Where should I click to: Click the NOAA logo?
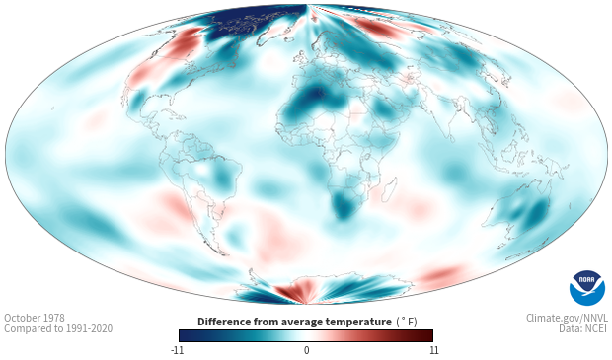click(x=587, y=288)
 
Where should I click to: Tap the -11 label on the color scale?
click(x=177, y=350)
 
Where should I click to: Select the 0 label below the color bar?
click(x=306, y=350)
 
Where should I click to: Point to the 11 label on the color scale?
click(x=433, y=350)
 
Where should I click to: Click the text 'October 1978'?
click(x=35, y=318)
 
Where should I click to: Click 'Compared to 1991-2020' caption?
click(x=58, y=328)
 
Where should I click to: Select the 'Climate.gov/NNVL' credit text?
click(x=567, y=318)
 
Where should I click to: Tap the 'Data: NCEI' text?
click(x=583, y=328)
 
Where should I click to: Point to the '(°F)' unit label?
click(x=407, y=323)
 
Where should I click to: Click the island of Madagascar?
click(x=389, y=189)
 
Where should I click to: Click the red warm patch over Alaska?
click(x=185, y=42)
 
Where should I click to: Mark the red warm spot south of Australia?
click(x=442, y=274)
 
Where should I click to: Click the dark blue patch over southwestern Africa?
click(x=343, y=205)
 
